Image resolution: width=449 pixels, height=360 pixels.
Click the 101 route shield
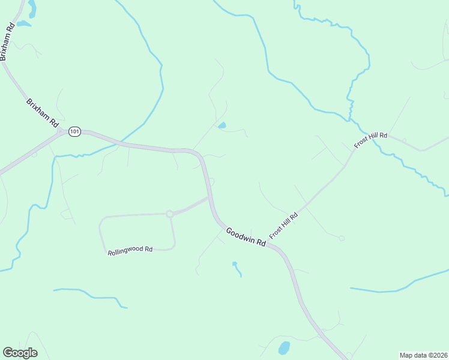[74, 131]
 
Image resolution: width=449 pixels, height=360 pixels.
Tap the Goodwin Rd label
[246, 237]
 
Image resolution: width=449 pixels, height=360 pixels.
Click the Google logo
[20, 353]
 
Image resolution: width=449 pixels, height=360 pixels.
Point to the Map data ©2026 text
[423, 355]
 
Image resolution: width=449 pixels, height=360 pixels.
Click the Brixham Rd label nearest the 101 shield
[42, 113]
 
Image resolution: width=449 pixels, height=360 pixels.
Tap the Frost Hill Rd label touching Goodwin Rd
[284, 226]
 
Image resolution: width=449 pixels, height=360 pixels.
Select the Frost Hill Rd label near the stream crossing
[371, 140]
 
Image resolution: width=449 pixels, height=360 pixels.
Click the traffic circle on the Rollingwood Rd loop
[170, 214]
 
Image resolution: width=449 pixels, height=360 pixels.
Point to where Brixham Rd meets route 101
[61, 132]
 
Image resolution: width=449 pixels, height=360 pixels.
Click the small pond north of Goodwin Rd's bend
[222, 125]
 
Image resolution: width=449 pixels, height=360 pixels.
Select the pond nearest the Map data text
[284, 348]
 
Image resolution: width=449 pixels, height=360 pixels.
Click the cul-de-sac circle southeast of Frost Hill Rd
[342, 238]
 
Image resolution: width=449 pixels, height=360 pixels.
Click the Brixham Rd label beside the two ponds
[7, 41]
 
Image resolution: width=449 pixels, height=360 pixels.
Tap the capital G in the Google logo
[8, 353]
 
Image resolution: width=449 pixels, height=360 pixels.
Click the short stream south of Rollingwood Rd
[90, 296]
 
